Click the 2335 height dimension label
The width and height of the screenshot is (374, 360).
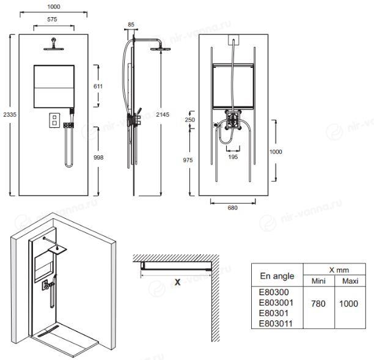pyautogui.click(x=10, y=114)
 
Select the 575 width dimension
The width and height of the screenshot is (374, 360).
pyautogui.click(x=52, y=20)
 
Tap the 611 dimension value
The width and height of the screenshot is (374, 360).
pyautogui.click(x=98, y=86)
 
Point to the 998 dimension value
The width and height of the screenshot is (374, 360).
pyautogui.click(x=98, y=157)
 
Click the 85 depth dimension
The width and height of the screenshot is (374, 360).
pyautogui.click(x=131, y=24)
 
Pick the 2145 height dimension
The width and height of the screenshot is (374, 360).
pyautogui.click(x=163, y=114)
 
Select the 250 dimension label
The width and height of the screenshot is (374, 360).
pyautogui.click(x=190, y=120)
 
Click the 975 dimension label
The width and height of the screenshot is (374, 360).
pyautogui.click(x=188, y=160)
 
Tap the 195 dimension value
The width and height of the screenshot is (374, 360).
pyautogui.click(x=233, y=156)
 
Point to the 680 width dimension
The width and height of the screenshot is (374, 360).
pyautogui.click(x=233, y=208)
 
